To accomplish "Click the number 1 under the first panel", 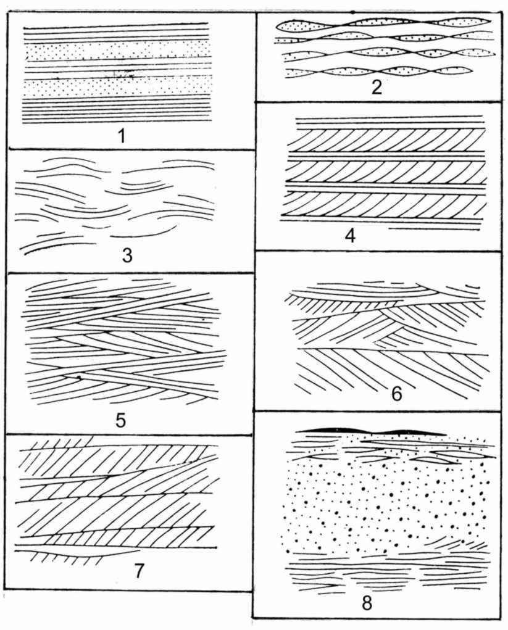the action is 122,136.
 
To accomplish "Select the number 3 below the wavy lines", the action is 127,255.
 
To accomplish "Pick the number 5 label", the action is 120,420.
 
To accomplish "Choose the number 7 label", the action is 138,571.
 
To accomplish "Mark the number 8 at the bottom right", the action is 367,603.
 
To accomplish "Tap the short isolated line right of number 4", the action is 434,229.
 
